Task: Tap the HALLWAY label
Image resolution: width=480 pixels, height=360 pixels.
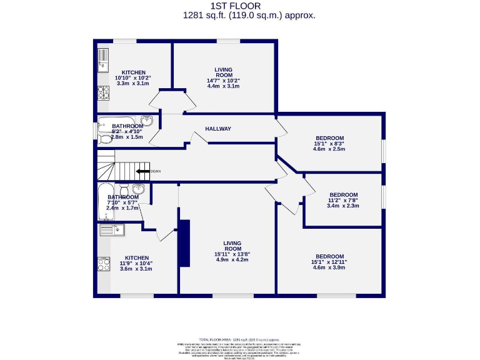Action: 218,129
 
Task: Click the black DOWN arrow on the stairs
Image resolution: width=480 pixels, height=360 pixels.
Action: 142,171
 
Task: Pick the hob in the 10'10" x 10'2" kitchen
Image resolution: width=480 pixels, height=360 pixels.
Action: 104,93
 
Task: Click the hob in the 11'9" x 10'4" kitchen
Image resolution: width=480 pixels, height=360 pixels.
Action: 104,264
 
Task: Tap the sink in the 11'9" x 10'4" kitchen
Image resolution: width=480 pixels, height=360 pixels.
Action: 112,231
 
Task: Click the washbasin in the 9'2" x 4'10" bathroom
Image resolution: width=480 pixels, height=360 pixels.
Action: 147,121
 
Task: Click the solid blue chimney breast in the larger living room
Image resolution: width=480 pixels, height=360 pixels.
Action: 184,244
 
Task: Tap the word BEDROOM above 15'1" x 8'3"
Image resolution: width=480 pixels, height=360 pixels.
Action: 329,138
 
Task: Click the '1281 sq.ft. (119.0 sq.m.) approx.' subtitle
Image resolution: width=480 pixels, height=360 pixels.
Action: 249,16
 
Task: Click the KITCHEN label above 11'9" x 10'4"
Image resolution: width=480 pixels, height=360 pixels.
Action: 137,257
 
